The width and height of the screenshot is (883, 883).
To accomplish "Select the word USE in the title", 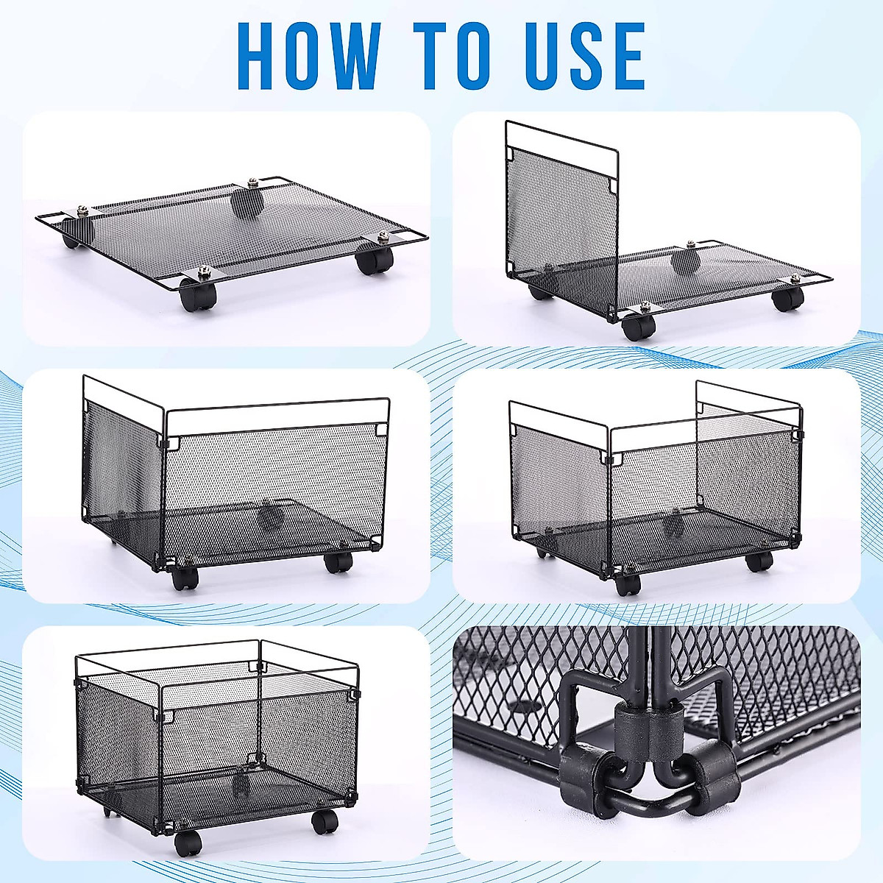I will click(x=586, y=57).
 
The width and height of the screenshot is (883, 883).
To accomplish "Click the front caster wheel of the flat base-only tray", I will click(x=198, y=296).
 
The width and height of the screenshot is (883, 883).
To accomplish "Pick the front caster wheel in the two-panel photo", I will click(x=185, y=578).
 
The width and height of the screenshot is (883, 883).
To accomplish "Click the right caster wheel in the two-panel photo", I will click(x=338, y=561).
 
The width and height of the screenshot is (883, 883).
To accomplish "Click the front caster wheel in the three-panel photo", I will click(x=628, y=584).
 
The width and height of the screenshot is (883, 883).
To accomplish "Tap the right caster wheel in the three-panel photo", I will click(x=758, y=561).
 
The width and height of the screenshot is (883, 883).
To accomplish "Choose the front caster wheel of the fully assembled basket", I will click(x=187, y=838).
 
